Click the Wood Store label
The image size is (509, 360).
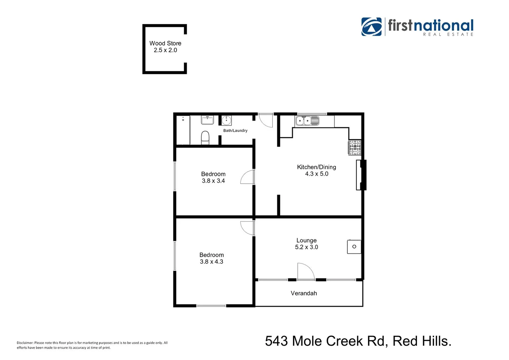[165, 43]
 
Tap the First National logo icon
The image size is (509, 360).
[371, 27]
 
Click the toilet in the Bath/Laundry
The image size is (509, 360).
[205, 137]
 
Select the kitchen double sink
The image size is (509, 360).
[307, 121]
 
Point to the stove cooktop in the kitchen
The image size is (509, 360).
[355, 148]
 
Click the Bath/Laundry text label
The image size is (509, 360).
[235, 131]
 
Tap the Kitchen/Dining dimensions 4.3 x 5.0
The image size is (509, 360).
[316, 174]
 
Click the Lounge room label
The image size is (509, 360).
[306, 240]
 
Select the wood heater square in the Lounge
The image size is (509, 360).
[354, 247]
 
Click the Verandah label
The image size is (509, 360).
[304, 293]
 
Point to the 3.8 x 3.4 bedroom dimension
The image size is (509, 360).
[213, 181]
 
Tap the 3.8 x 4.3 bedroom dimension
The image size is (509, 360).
[211, 262]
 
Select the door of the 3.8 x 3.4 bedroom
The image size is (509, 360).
[247, 177]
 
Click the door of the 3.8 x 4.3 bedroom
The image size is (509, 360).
[247, 228]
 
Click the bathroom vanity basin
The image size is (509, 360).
[207, 120]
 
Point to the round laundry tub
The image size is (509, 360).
[227, 120]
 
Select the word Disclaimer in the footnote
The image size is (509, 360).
[25, 343]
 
